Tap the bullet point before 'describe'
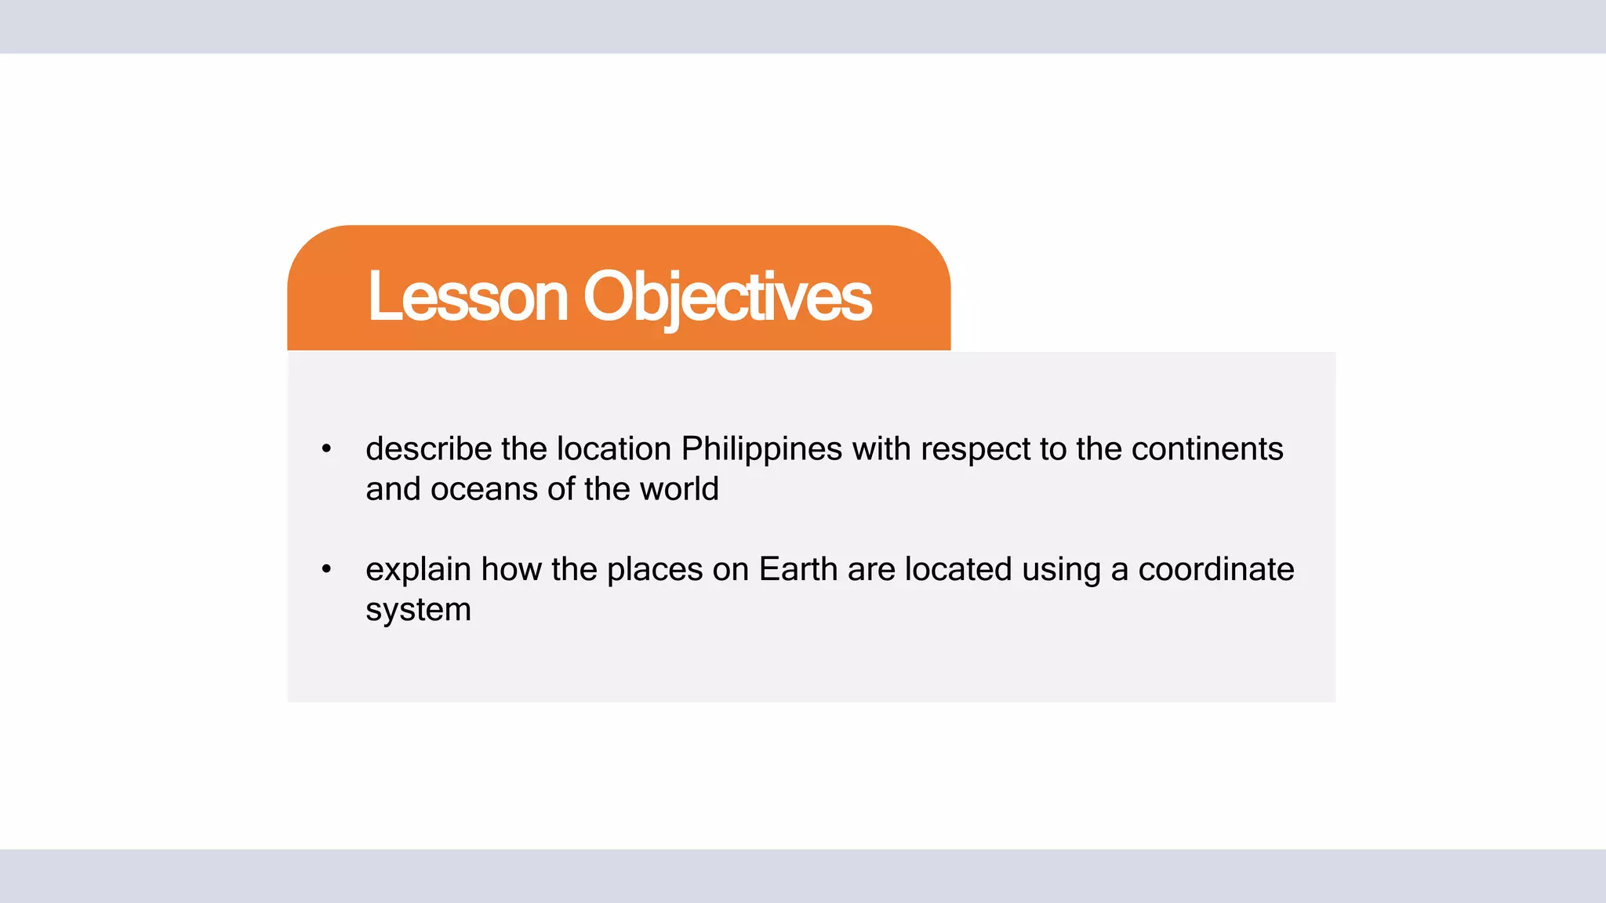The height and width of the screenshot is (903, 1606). (x=326, y=449)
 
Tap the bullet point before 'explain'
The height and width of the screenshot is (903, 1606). (x=326, y=569)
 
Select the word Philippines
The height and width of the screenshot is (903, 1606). (x=761, y=449)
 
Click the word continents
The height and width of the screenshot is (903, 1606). (x=1207, y=449)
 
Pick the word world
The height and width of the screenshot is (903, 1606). (x=679, y=489)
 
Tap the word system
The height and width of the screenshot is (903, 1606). (x=418, y=610)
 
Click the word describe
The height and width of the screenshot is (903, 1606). (x=428, y=449)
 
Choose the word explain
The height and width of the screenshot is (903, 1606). (x=418, y=569)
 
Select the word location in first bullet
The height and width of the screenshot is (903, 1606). (x=614, y=449)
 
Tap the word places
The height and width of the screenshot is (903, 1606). (x=655, y=569)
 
